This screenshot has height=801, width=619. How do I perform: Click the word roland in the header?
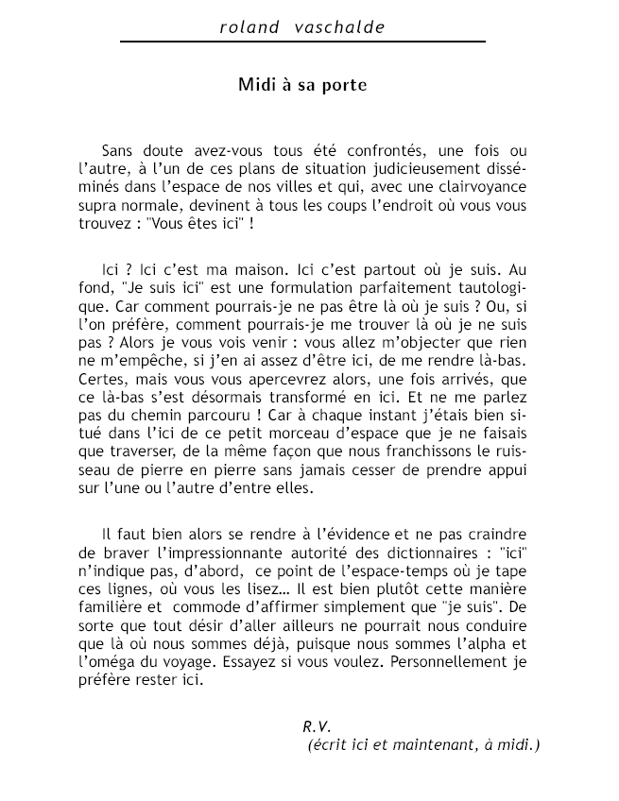(249, 27)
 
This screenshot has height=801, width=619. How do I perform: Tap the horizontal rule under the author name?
(302, 43)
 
